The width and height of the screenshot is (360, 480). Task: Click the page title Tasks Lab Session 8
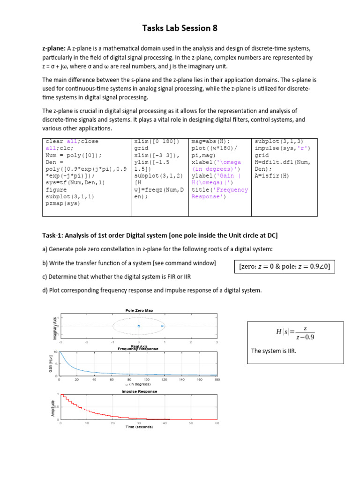coord(180,29)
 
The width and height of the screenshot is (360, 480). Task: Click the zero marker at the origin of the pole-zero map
coord(139,326)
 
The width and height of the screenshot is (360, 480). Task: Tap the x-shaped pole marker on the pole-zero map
coord(162,326)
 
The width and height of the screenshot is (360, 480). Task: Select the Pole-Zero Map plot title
coord(139,310)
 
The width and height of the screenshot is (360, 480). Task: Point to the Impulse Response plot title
coord(139,391)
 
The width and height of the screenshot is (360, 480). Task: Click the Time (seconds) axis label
coord(138,427)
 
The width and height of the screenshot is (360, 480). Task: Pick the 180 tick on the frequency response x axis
coord(217,379)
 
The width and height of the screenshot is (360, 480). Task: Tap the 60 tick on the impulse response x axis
coord(217,423)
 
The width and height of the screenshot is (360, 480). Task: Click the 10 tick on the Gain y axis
coord(56,352)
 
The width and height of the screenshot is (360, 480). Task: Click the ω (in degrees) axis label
coord(138,384)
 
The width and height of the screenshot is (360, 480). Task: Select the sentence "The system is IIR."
coord(269,351)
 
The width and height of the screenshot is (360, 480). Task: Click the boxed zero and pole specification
coord(284,267)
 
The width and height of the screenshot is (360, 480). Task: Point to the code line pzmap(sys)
coord(63,204)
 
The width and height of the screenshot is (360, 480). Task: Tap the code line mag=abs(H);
coord(211,141)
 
